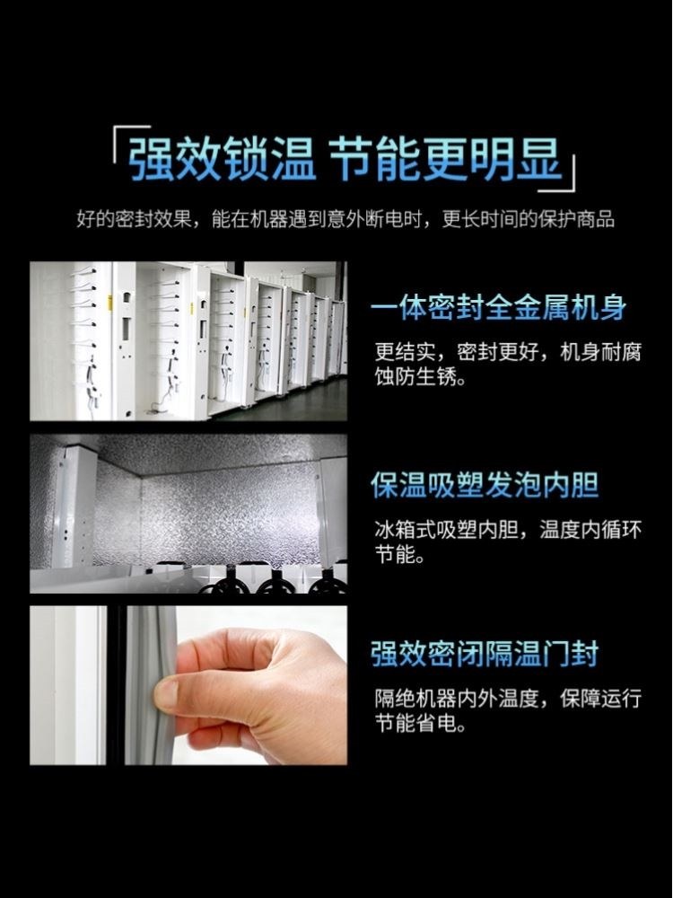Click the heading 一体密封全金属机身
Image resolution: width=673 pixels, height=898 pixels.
[x=498, y=308]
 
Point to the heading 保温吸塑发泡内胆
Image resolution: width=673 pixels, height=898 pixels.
[x=485, y=485]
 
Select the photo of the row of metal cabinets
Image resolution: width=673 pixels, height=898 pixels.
[x=188, y=340]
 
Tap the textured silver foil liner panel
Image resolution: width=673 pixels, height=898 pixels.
[x=206, y=512]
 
